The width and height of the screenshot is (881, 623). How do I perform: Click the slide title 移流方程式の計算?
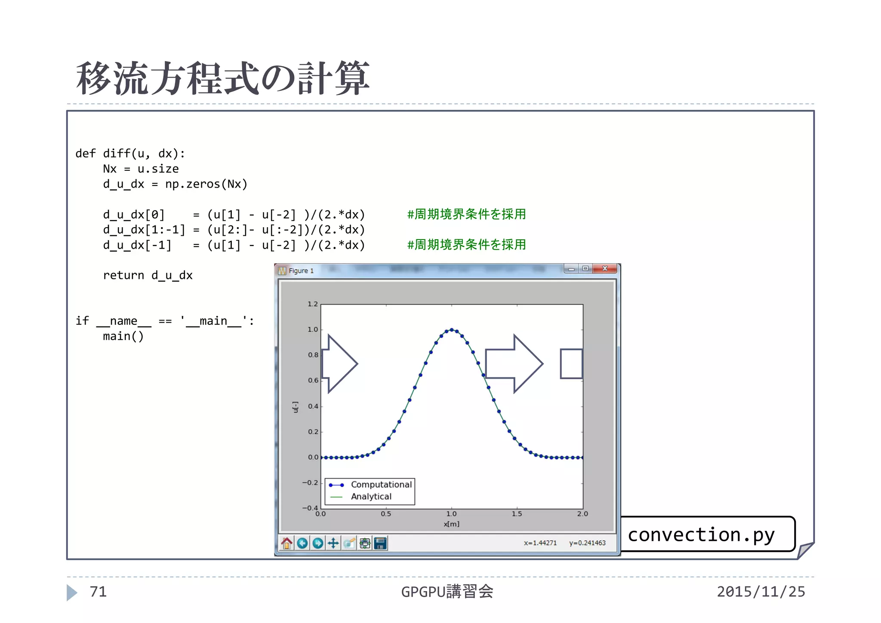click(x=223, y=78)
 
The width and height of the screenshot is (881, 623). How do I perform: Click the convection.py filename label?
click(x=701, y=535)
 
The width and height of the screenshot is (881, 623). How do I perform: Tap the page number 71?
click(x=98, y=592)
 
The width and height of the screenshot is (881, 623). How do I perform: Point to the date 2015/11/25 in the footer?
click(x=761, y=592)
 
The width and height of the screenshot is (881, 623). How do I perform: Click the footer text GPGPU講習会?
click(x=447, y=592)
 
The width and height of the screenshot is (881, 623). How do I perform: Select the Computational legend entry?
click(x=381, y=484)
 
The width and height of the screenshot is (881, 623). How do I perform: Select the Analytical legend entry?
click(x=371, y=497)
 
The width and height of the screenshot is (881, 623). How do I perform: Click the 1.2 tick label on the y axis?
click(x=313, y=304)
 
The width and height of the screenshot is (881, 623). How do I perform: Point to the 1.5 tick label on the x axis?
click(x=517, y=514)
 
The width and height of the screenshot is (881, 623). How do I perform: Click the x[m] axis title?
click(x=451, y=524)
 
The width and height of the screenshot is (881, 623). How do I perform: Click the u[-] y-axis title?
click(x=296, y=407)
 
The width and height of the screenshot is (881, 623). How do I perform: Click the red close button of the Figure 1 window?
click(x=604, y=268)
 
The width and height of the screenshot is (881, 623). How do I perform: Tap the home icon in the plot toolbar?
click(x=286, y=543)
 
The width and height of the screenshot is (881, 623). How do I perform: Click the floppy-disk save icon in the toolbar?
click(x=380, y=543)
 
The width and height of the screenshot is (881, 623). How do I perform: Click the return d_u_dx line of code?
click(x=148, y=275)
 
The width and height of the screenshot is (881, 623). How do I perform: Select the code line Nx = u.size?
click(x=141, y=169)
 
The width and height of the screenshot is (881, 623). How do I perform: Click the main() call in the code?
click(x=123, y=336)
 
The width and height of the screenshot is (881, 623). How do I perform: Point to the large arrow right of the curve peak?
click(x=514, y=364)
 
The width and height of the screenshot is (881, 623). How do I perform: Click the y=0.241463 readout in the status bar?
click(x=587, y=543)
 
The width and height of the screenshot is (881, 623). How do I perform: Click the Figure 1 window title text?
click(x=301, y=271)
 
